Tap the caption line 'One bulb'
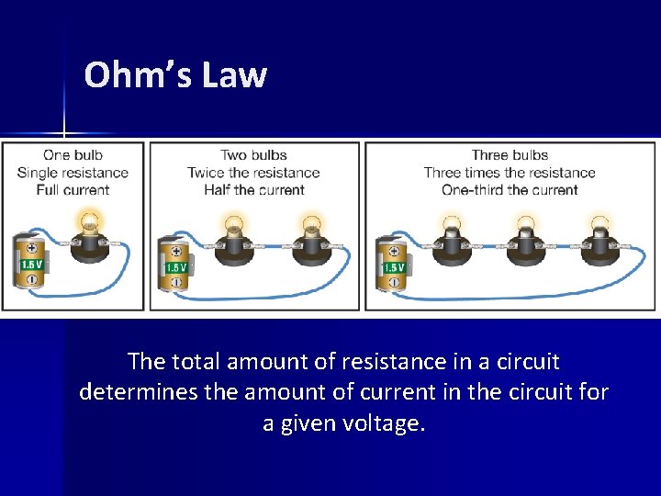(73, 155)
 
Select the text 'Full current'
(73, 190)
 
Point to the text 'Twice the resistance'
(253, 173)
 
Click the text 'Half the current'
(253, 190)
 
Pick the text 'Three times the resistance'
(510, 173)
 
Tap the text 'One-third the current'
(510, 190)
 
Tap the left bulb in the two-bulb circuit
(232, 236)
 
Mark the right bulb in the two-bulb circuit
(310, 236)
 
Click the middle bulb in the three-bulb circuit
(525, 237)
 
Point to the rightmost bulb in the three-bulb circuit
(599, 237)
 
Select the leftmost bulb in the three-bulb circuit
(451, 237)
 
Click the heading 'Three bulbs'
(510, 155)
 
